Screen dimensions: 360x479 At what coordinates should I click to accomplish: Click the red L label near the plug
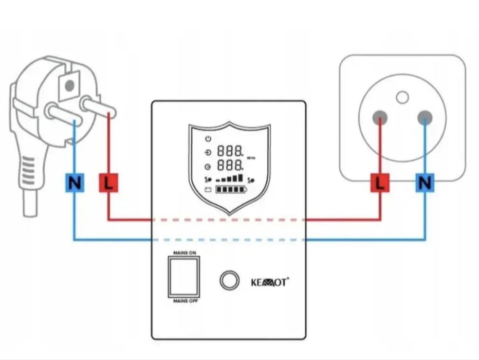(x=108, y=183)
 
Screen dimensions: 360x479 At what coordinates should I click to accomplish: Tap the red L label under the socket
(x=380, y=183)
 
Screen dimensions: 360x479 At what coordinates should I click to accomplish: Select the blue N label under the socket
(x=425, y=183)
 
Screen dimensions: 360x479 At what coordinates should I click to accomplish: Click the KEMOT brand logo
(x=270, y=282)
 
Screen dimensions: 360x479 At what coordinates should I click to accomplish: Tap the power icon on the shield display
(x=208, y=139)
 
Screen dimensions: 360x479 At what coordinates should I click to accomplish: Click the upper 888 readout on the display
(x=230, y=151)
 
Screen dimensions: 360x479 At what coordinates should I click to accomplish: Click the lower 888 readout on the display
(x=230, y=166)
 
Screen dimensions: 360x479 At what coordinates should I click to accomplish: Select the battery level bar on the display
(x=231, y=190)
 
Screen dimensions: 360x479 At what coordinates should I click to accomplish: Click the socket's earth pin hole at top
(x=402, y=97)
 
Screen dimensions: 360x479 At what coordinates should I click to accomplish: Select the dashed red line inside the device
(x=229, y=220)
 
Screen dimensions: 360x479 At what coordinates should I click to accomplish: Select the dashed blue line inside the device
(x=229, y=240)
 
